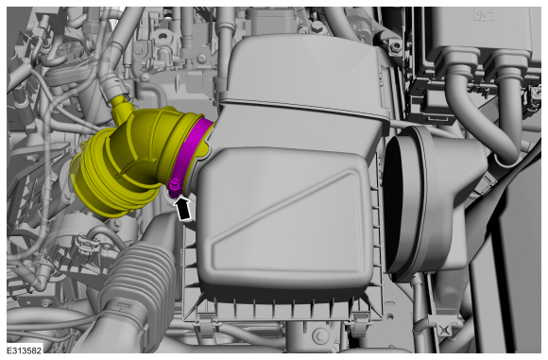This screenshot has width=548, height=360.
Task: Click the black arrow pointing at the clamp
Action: pos(183,208)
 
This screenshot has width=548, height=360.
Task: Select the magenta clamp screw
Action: pos(174,186)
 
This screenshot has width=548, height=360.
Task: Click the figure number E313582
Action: pos(25,351)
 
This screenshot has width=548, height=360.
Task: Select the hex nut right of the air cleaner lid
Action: pos(396,45)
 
